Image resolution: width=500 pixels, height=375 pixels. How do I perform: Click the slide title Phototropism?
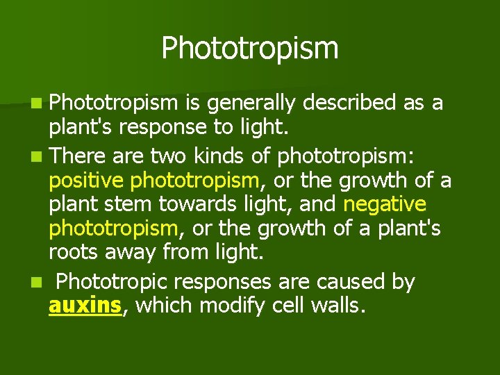click(x=250, y=49)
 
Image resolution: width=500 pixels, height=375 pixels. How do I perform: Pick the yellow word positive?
click(x=87, y=181)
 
